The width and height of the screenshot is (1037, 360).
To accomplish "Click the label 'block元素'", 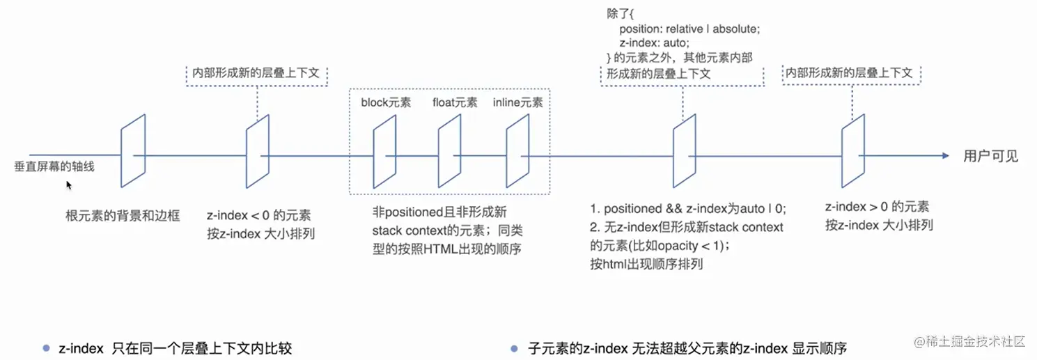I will [386, 103].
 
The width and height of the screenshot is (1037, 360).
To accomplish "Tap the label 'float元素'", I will [455, 103].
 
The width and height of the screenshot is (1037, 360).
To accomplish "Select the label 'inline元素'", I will [517, 103].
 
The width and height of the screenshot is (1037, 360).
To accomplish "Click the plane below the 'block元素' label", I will [385, 152].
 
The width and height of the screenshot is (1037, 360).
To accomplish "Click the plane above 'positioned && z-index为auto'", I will [685, 152].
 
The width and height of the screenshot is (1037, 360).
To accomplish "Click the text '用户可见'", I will [990, 157].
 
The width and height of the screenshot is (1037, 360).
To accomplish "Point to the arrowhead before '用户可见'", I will [945, 156].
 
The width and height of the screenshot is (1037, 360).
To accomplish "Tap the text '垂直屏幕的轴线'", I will [54, 167].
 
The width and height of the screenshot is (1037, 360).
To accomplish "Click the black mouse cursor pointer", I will [69, 185].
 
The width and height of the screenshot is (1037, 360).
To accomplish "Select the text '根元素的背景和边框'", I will [123, 216].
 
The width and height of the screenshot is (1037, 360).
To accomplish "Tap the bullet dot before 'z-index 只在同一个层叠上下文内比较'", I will [47, 347].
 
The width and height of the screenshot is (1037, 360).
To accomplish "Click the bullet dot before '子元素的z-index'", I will [515, 347].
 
